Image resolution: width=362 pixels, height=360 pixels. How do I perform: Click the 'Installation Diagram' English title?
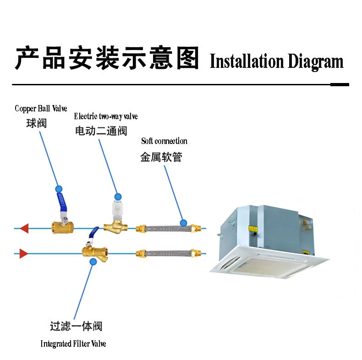[x=277, y=61]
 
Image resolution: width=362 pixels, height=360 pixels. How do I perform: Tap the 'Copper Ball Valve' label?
[x=41, y=108]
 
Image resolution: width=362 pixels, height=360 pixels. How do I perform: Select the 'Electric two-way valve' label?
[x=106, y=116]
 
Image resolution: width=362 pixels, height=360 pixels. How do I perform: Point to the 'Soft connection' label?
[x=164, y=141]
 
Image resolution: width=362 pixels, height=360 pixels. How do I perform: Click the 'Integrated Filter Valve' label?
[x=73, y=343]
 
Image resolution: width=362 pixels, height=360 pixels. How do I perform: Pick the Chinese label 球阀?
[x=37, y=123]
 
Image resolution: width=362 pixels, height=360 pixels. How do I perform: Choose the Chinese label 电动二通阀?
[x=101, y=131]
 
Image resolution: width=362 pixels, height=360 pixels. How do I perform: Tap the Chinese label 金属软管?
[x=161, y=157]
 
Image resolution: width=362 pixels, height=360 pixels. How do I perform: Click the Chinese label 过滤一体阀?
[x=76, y=326]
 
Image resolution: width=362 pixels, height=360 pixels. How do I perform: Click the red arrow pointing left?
[x=24, y=228]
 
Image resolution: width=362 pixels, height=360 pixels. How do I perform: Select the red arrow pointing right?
[x=24, y=254]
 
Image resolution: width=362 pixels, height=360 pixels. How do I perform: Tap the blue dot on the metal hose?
[x=183, y=223]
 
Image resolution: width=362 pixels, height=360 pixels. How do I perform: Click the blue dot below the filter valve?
[x=93, y=261]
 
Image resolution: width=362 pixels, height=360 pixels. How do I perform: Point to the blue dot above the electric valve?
[x=118, y=197]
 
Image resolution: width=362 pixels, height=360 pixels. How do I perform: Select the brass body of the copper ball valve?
[x=62, y=227]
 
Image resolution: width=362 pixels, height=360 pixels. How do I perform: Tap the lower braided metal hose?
[x=168, y=253]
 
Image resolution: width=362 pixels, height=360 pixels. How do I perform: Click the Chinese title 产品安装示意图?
[x=107, y=57]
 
